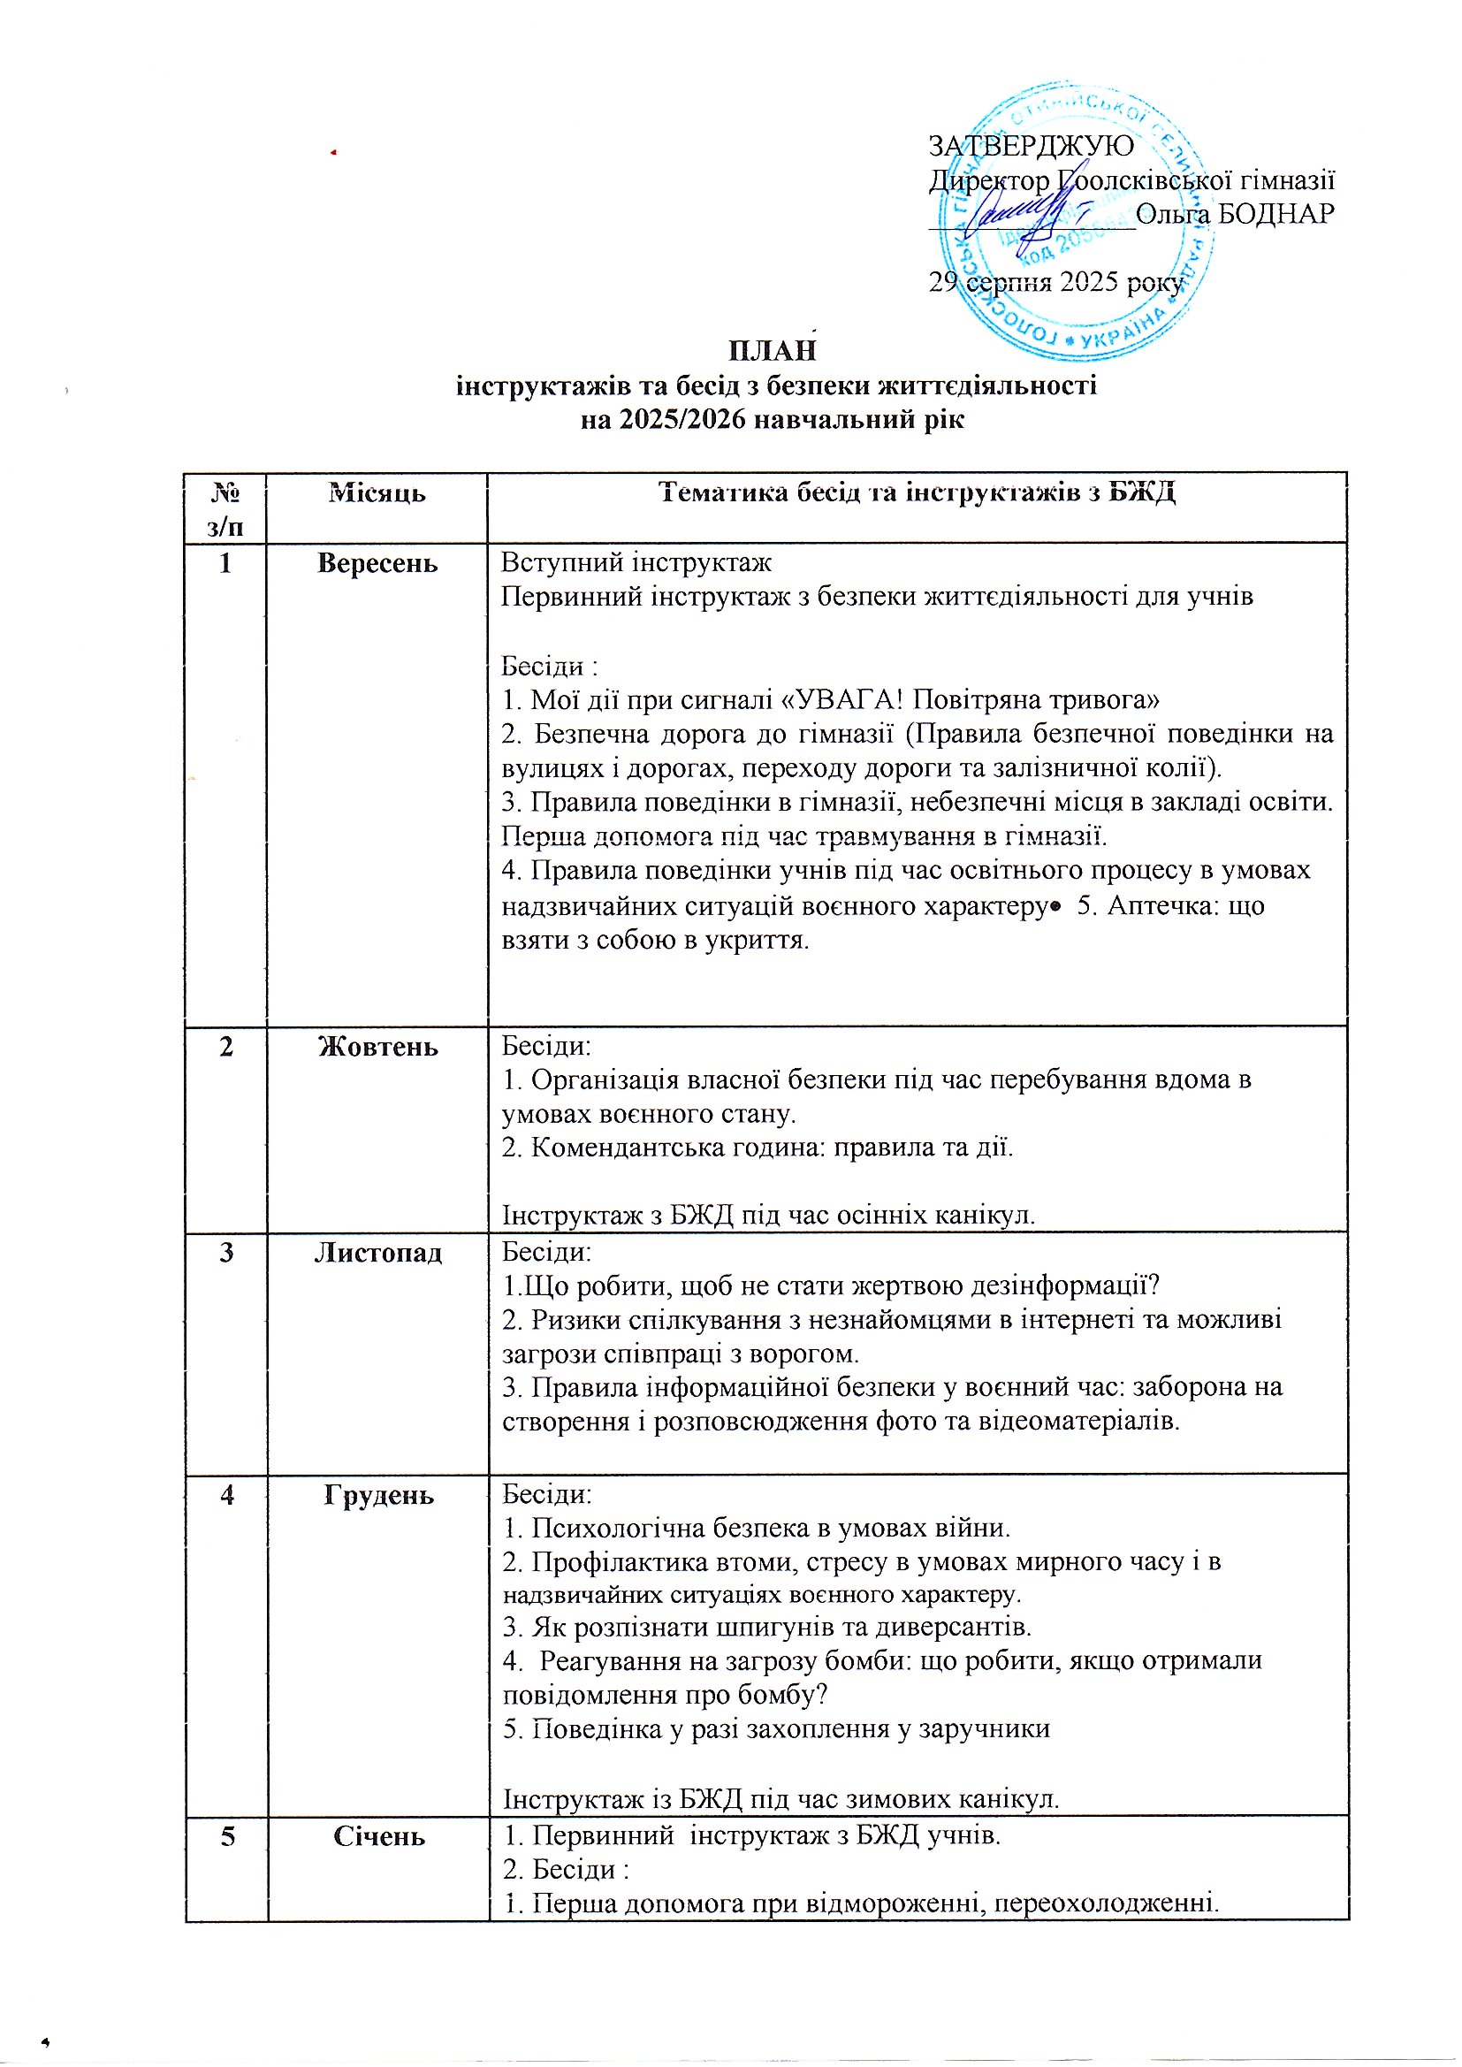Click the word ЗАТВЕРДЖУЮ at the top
click(1031, 146)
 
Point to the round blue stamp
click(1076, 220)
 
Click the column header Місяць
click(377, 493)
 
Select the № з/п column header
click(225, 507)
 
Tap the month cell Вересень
click(377, 563)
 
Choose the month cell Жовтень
click(378, 1047)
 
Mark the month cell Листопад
click(378, 1253)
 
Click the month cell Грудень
click(378, 1495)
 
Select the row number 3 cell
click(226, 1253)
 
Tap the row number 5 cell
click(228, 1836)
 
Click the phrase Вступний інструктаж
click(636, 562)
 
